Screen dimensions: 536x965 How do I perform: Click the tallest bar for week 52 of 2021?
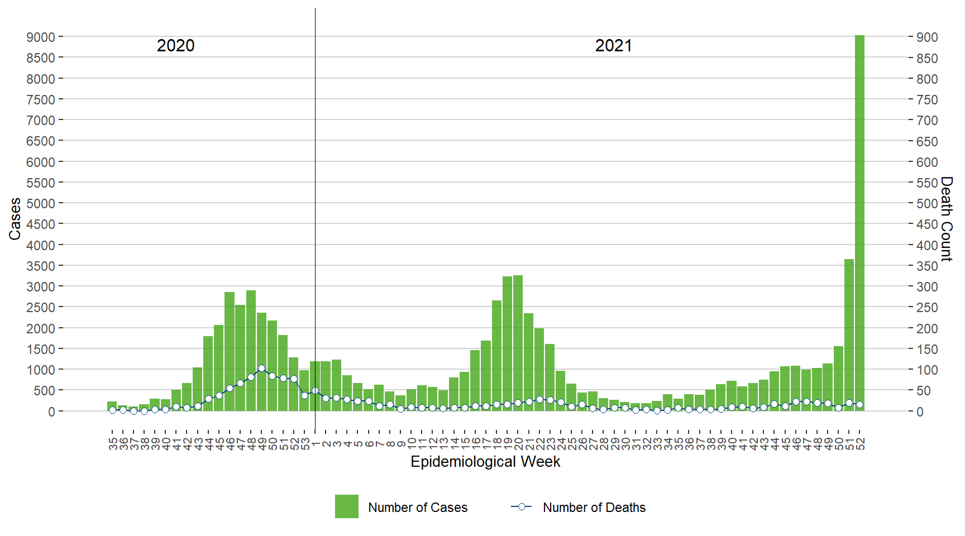click(859, 223)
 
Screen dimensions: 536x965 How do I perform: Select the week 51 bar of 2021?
click(849, 335)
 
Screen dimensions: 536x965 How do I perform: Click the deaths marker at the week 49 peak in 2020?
click(261, 368)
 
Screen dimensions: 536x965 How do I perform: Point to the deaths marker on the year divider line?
click(315, 391)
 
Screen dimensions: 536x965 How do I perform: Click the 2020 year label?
click(175, 46)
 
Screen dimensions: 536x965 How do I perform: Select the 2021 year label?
click(613, 46)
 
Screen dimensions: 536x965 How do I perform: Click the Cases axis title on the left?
click(15, 219)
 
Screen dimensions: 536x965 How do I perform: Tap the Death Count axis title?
click(946, 219)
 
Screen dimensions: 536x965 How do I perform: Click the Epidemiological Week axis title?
click(485, 462)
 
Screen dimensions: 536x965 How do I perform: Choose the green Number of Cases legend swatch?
click(346, 506)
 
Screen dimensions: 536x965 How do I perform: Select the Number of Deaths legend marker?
click(522, 507)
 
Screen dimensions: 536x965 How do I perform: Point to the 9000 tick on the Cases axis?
click(41, 37)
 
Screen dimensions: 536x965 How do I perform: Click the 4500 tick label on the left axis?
click(41, 224)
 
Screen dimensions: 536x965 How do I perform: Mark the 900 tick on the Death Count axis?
click(926, 37)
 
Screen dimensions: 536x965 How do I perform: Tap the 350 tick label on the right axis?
click(926, 266)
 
